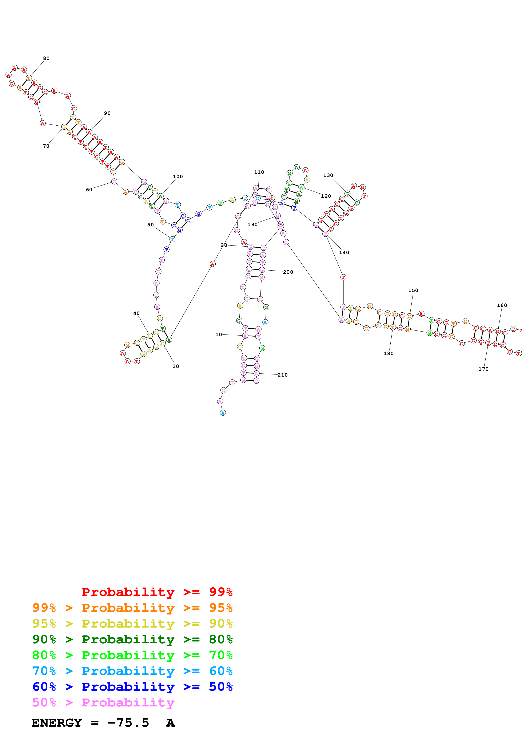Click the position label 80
pyautogui.click(x=46, y=58)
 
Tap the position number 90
pyautogui.click(x=107, y=113)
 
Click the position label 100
pyautogui.click(x=178, y=177)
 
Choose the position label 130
pyautogui.click(x=328, y=175)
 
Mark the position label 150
pyautogui.click(x=413, y=291)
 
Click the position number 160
pyautogui.click(x=502, y=305)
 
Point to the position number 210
pyautogui.click(x=283, y=375)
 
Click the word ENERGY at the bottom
pyautogui.click(x=57, y=723)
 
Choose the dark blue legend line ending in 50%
pyautogui.click(x=132, y=687)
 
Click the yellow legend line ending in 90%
pyautogui.click(x=132, y=623)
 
